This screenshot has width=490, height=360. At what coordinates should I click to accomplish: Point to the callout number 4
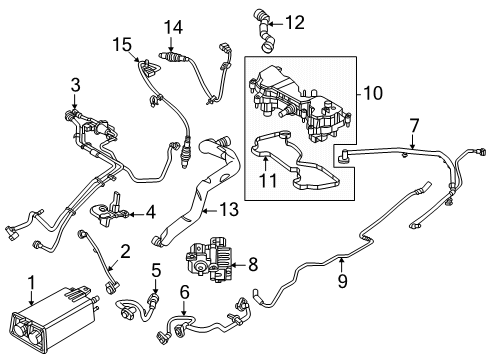(x=150, y=212)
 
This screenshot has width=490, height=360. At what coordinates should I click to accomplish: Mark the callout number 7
(x=412, y=126)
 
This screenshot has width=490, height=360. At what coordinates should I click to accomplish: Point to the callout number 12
(x=294, y=20)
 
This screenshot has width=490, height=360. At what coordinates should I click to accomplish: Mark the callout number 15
(x=122, y=44)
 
